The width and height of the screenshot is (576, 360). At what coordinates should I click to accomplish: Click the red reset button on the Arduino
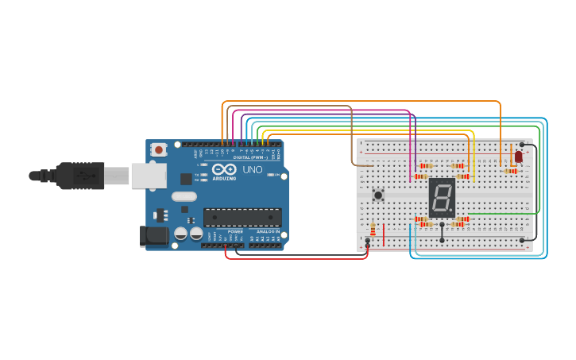click(159, 149)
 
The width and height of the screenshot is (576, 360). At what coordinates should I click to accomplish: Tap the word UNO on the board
click(252, 170)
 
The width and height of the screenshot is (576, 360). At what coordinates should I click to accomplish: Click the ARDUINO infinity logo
click(223, 170)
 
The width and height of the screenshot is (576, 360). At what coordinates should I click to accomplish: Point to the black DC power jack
click(153, 236)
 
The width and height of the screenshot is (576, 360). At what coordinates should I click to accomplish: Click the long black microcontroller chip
click(242, 217)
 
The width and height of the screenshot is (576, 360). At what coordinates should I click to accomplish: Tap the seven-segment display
click(442, 197)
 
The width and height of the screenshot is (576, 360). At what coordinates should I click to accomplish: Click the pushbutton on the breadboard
click(378, 194)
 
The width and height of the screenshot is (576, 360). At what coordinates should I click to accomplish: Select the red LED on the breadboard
click(518, 157)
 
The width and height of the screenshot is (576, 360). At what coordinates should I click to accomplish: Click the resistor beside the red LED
click(510, 171)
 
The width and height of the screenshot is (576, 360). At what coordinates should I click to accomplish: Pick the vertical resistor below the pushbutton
click(373, 228)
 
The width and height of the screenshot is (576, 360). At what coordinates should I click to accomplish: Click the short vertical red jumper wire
click(384, 234)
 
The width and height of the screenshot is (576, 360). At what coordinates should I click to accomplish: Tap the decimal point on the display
click(452, 212)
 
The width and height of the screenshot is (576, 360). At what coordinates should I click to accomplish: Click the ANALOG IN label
click(268, 231)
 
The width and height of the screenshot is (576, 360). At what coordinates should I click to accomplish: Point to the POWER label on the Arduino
click(236, 231)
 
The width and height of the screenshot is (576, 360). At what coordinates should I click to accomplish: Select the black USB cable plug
click(79, 175)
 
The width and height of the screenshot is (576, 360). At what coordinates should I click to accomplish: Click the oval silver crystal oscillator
click(184, 196)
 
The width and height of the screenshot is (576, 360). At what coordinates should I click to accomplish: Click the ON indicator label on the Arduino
click(277, 175)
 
